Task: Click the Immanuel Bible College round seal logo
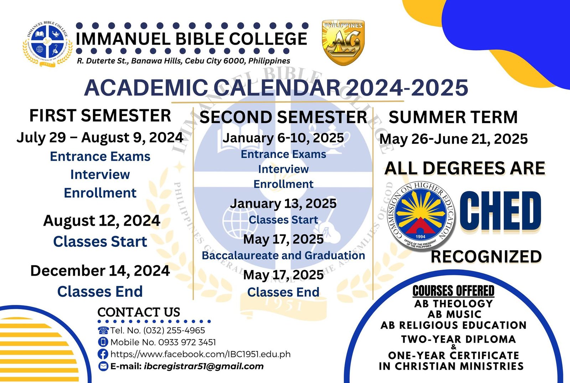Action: tap(48, 44)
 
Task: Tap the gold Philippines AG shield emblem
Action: tap(343, 42)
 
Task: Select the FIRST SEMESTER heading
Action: tap(100, 116)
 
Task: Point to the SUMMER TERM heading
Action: tap(453, 117)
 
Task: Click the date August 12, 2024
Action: tap(102, 221)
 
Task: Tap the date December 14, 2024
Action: tap(100, 271)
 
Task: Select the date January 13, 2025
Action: tap(283, 203)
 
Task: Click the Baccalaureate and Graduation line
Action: tap(283, 255)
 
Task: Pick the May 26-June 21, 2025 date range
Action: tap(453, 139)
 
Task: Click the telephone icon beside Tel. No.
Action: tap(103, 330)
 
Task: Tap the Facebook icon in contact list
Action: tap(103, 354)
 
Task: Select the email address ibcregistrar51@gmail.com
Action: tap(204, 366)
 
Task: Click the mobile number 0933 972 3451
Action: tap(187, 342)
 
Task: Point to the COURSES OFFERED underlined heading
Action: tap(453, 291)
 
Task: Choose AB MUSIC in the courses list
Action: tap(454, 314)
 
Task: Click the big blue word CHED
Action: tap(501, 211)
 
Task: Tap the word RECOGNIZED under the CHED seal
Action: tap(486, 257)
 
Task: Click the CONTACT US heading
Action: tap(139, 312)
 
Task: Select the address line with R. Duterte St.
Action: tap(183, 61)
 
